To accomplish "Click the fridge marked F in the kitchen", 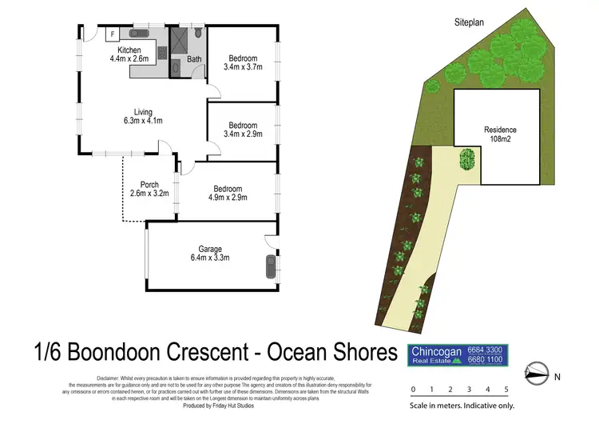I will (113, 34).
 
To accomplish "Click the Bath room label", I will (194, 59).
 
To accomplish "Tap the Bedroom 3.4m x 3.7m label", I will (242, 63).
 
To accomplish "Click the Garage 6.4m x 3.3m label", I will (210, 253).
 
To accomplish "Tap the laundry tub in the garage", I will (271, 265).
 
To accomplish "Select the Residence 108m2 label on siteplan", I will (500, 134).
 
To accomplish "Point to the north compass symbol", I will (536, 373).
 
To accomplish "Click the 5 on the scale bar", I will (506, 390).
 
